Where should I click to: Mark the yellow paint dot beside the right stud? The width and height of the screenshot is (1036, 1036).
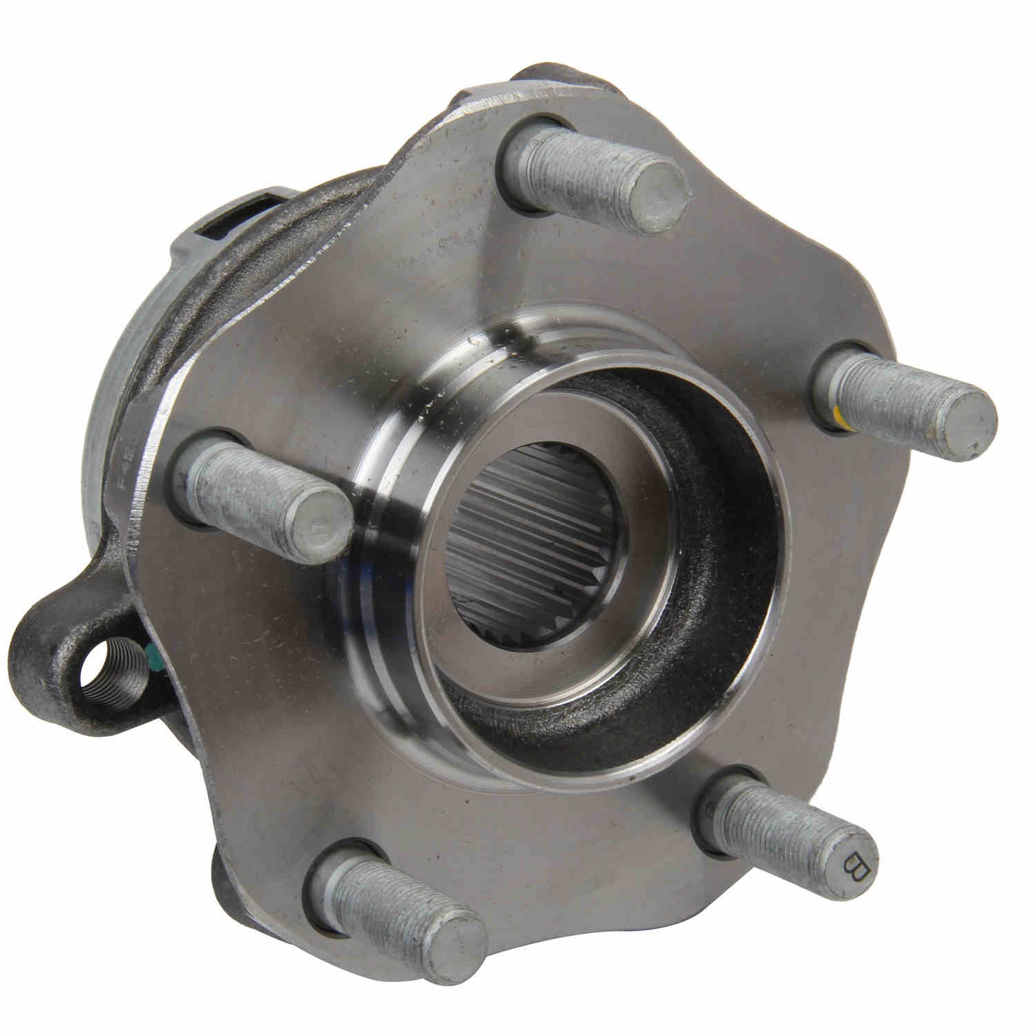click(836, 414)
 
